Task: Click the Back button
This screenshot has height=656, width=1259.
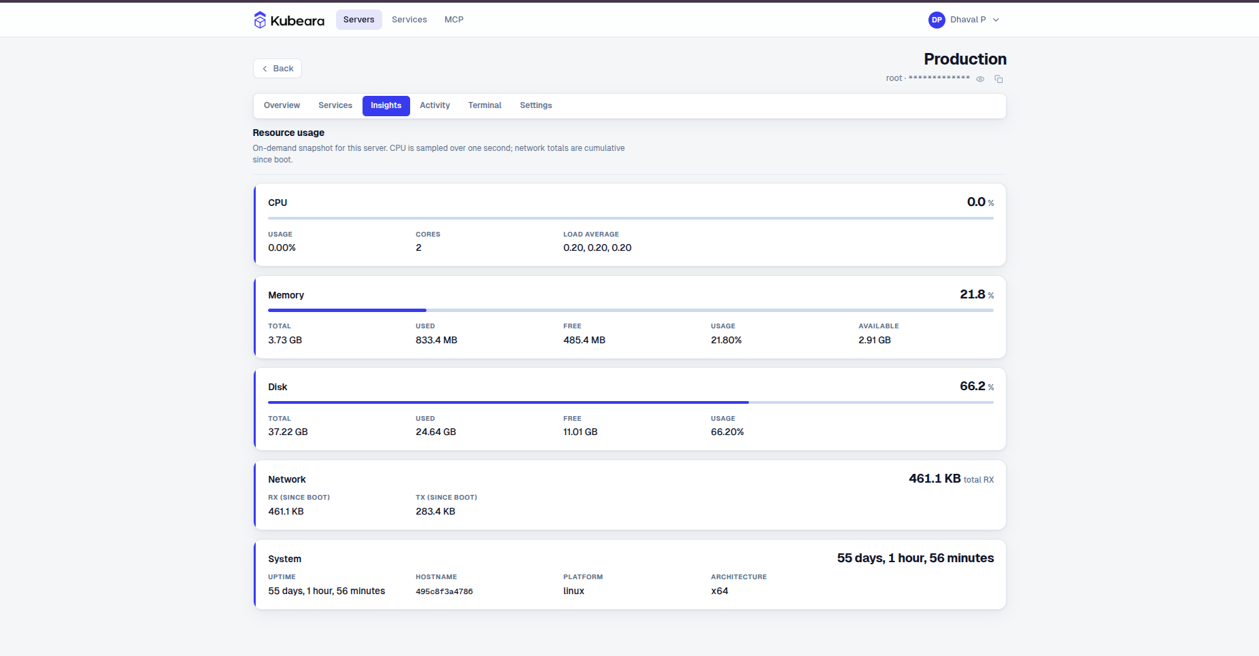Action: coord(278,69)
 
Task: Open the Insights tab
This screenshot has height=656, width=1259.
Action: coord(386,106)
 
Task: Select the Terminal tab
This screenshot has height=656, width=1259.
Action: coord(484,106)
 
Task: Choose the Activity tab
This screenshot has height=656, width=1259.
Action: coord(435,106)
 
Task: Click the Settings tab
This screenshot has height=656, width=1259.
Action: coord(536,106)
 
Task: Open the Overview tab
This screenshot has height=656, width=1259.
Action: coord(282,106)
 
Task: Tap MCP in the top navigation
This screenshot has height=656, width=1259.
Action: coord(454,20)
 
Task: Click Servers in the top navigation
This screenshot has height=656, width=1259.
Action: coord(358,20)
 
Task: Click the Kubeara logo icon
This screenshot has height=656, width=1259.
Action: coord(260,20)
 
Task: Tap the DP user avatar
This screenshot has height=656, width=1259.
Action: coord(937,20)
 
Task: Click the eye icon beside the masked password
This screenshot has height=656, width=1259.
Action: coord(980,79)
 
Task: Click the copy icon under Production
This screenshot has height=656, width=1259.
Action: coord(998,79)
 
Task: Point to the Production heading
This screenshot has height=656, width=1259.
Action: coord(965,59)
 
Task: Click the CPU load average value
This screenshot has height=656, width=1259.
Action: coord(597,248)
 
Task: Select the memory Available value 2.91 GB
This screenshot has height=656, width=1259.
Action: coord(875,340)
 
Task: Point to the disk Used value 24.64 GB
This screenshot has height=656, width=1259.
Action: coord(436,432)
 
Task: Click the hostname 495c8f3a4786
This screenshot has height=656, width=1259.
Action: coord(444,591)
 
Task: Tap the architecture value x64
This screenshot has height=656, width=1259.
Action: coord(720,591)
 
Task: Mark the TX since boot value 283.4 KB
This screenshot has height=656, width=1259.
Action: coord(435,512)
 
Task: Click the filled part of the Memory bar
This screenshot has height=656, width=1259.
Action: coord(347,310)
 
